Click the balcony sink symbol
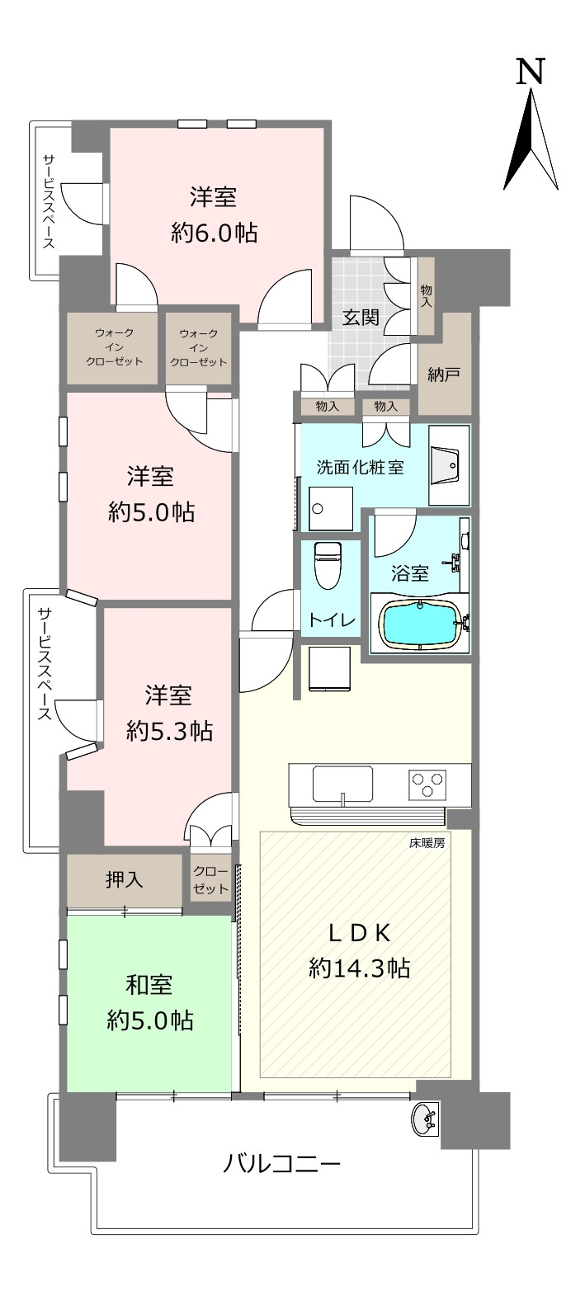pos(425,1119)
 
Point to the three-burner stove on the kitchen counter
pos(427,784)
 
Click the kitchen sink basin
pos(342,784)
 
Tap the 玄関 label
pos(361,317)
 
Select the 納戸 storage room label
pos(444,375)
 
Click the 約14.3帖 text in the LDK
pos(359,968)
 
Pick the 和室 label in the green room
pos(149,985)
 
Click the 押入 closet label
pos(124,880)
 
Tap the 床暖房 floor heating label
pos(427,842)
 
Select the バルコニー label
pos(281,1164)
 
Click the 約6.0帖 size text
pos(214,233)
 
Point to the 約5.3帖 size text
pos(169,732)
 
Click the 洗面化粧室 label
pos(360,468)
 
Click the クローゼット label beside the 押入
pos(210,880)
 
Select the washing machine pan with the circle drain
pos(330,509)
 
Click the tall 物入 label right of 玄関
pos(426,295)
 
